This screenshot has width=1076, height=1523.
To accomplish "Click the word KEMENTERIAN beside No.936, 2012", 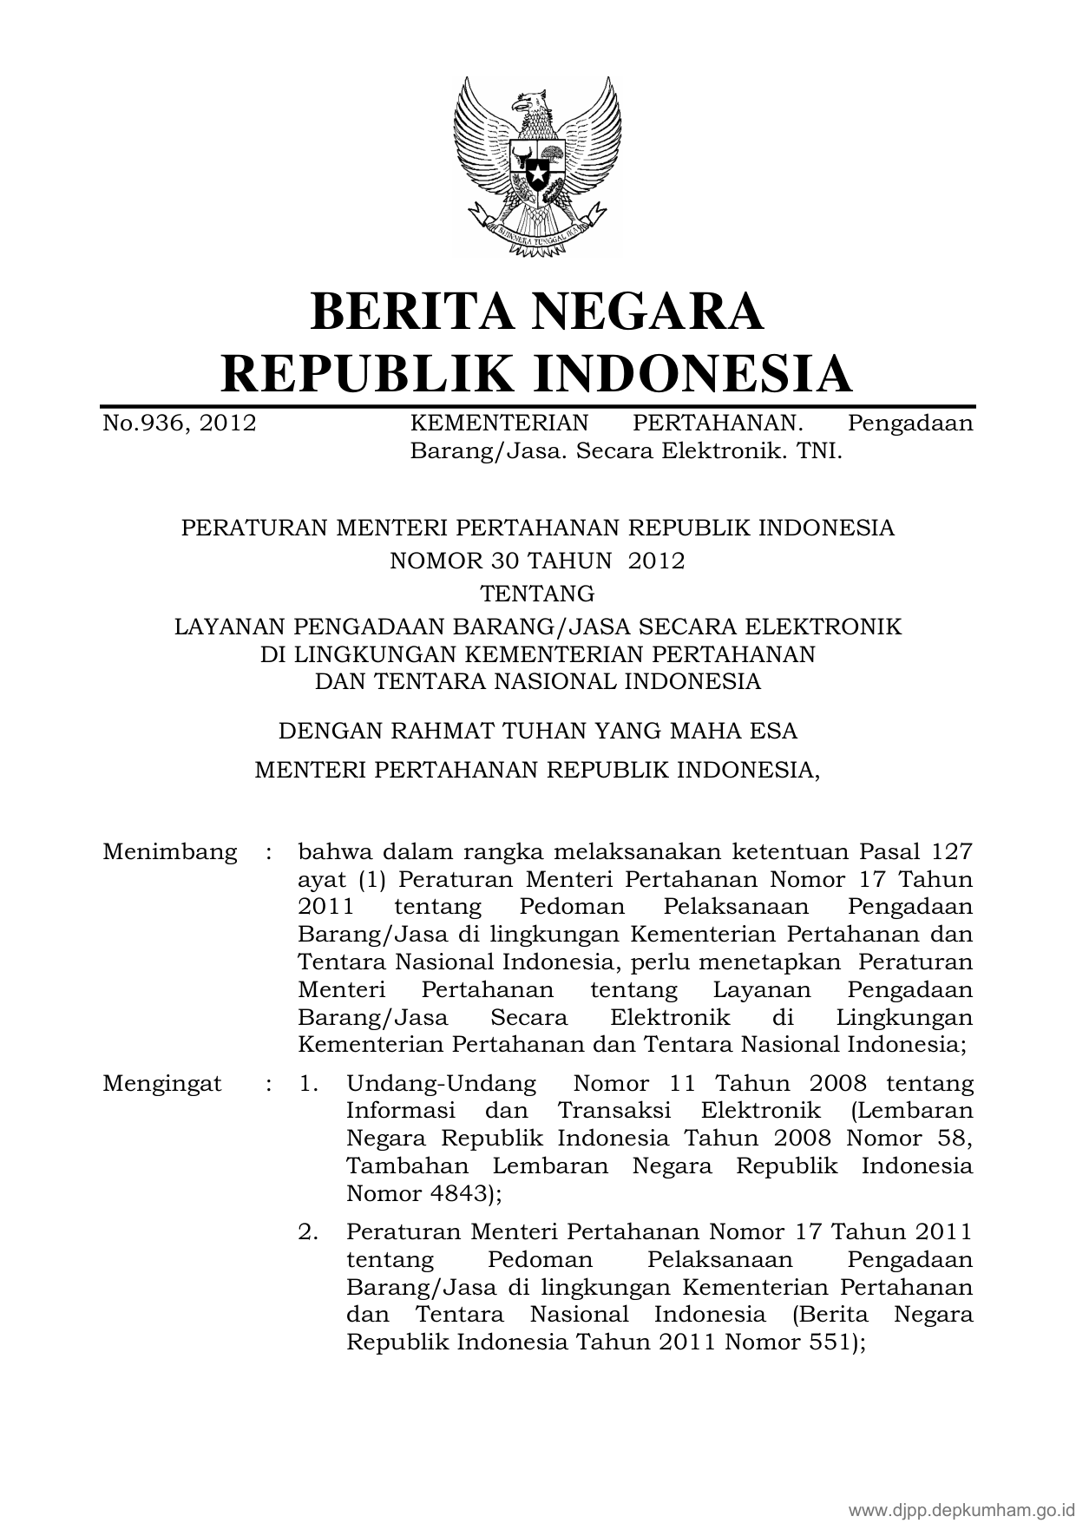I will (499, 423).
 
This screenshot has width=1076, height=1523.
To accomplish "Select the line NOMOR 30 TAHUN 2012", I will (537, 561).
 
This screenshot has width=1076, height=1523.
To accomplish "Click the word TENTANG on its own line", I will (537, 594).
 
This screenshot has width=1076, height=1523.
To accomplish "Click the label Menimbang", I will (170, 852).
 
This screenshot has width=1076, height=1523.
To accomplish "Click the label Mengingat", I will (162, 1084).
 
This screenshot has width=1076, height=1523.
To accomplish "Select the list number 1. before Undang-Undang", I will (308, 1084).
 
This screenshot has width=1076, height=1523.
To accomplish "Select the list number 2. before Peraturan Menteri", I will (308, 1231).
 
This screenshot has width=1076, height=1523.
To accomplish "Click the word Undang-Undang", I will (441, 1084).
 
